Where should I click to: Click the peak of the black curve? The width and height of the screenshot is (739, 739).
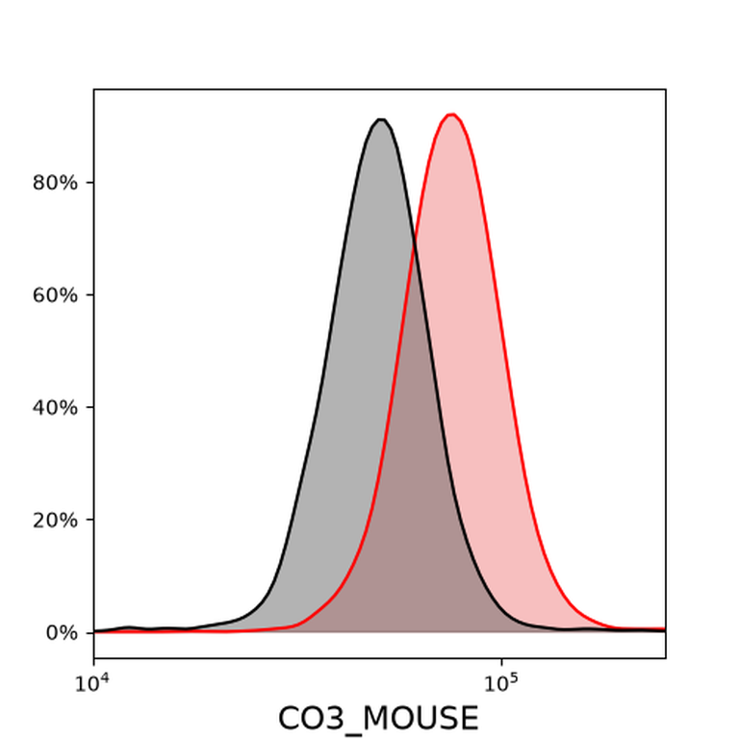381,119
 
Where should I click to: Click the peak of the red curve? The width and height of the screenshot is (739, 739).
452,115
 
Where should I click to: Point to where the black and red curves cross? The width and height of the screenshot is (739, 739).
415,245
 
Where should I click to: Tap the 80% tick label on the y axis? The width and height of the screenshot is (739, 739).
55,183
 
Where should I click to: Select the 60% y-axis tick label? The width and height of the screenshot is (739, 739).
55,295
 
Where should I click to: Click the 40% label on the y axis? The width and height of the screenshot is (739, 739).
55,408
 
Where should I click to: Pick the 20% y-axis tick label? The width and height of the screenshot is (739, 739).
55,521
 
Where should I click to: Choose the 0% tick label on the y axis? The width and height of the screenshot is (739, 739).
62,633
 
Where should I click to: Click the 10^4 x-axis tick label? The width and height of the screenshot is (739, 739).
92,683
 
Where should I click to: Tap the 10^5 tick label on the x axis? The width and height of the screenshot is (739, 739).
500,683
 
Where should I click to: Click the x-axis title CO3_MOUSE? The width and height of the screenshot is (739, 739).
378,719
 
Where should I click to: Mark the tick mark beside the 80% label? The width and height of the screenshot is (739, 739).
90,183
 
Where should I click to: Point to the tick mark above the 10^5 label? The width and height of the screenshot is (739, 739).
501,662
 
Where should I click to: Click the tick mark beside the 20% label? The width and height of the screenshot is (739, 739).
90,520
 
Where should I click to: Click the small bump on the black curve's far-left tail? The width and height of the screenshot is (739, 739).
128,627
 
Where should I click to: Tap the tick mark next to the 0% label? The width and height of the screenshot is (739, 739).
90,632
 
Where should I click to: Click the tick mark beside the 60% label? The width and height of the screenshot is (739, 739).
90,295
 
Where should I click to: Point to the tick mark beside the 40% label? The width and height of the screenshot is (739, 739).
90,407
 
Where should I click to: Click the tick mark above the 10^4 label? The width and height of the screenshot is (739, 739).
94,662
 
